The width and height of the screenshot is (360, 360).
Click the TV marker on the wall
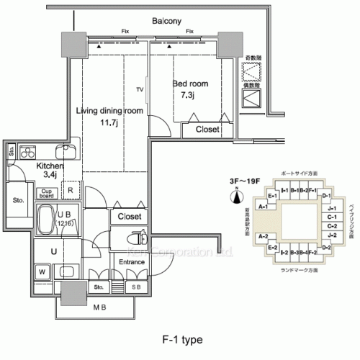[x=140, y=90]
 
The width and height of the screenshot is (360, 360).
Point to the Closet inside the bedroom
[x=207, y=130]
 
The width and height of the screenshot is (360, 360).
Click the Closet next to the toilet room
[x=130, y=216]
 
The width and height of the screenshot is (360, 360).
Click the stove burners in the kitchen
[x=30, y=153]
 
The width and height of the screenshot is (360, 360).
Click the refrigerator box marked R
[x=71, y=191]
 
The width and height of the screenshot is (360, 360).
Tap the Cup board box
[x=48, y=192]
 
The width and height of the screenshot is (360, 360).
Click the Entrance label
[x=132, y=261]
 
